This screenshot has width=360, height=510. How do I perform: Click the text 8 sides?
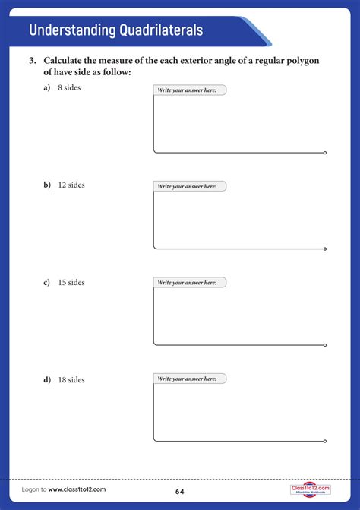69,88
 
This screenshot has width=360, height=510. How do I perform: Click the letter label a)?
47,88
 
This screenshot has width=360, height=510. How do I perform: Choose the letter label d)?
47,379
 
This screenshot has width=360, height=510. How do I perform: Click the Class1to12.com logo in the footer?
310,489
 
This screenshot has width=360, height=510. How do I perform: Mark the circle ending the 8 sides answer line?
325,153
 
